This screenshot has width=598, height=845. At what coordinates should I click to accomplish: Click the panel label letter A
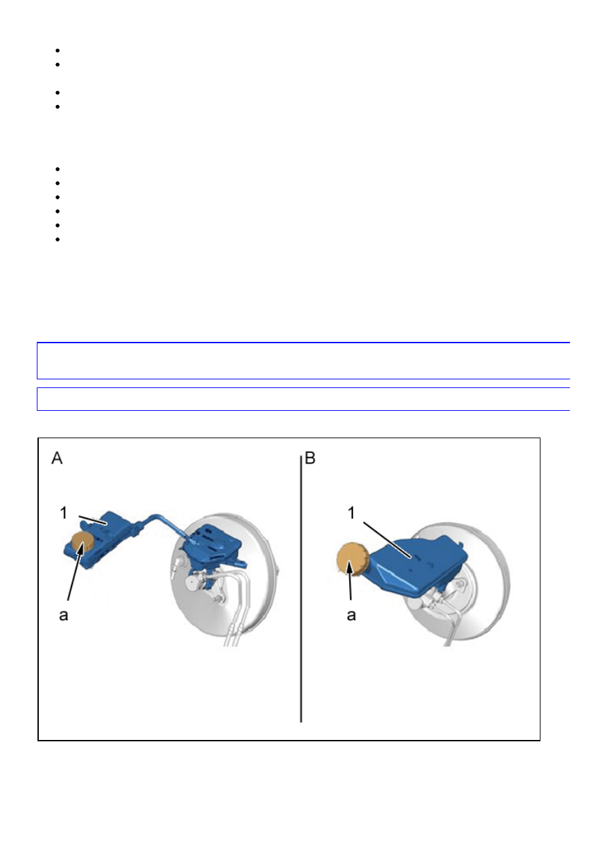(x=57, y=458)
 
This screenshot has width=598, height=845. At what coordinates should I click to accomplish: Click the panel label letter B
(x=310, y=458)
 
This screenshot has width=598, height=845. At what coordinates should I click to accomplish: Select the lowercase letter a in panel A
(x=64, y=616)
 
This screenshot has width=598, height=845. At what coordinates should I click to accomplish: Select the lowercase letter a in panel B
(x=351, y=616)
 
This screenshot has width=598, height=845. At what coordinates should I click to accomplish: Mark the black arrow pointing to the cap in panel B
(x=351, y=579)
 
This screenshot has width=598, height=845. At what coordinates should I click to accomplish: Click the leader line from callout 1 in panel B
(x=387, y=540)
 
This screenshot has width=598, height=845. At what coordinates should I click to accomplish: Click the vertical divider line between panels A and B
(x=301, y=589)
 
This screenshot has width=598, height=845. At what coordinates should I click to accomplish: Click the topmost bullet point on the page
(x=58, y=51)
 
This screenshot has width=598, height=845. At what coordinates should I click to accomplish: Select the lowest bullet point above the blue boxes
(x=58, y=239)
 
